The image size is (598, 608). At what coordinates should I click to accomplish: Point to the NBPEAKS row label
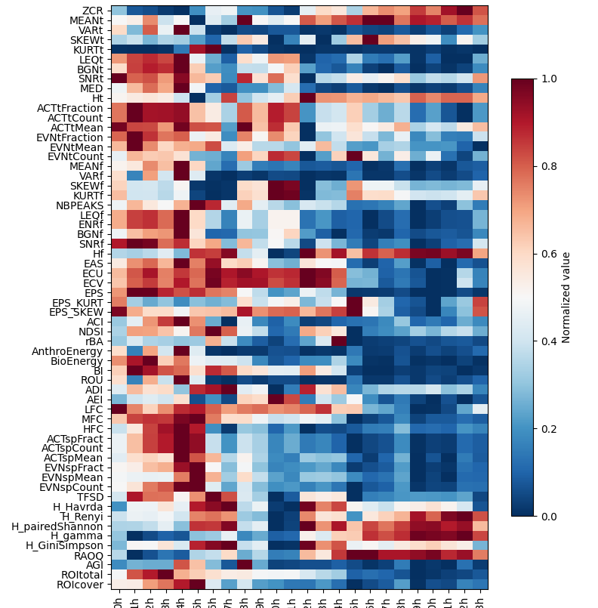click(x=79, y=205)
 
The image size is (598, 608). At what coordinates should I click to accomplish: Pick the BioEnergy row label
click(x=76, y=361)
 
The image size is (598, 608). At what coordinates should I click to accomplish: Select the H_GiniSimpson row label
click(x=65, y=545)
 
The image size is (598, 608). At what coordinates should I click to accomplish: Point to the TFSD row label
click(x=90, y=497)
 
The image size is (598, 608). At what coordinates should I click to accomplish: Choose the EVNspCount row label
click(x=73, y=487)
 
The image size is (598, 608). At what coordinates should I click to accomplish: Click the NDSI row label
click(x=91, y=332)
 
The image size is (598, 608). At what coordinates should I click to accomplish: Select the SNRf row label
click(x=91, y=244)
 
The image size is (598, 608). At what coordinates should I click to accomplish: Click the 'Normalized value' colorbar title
click(x=566, y=298)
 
